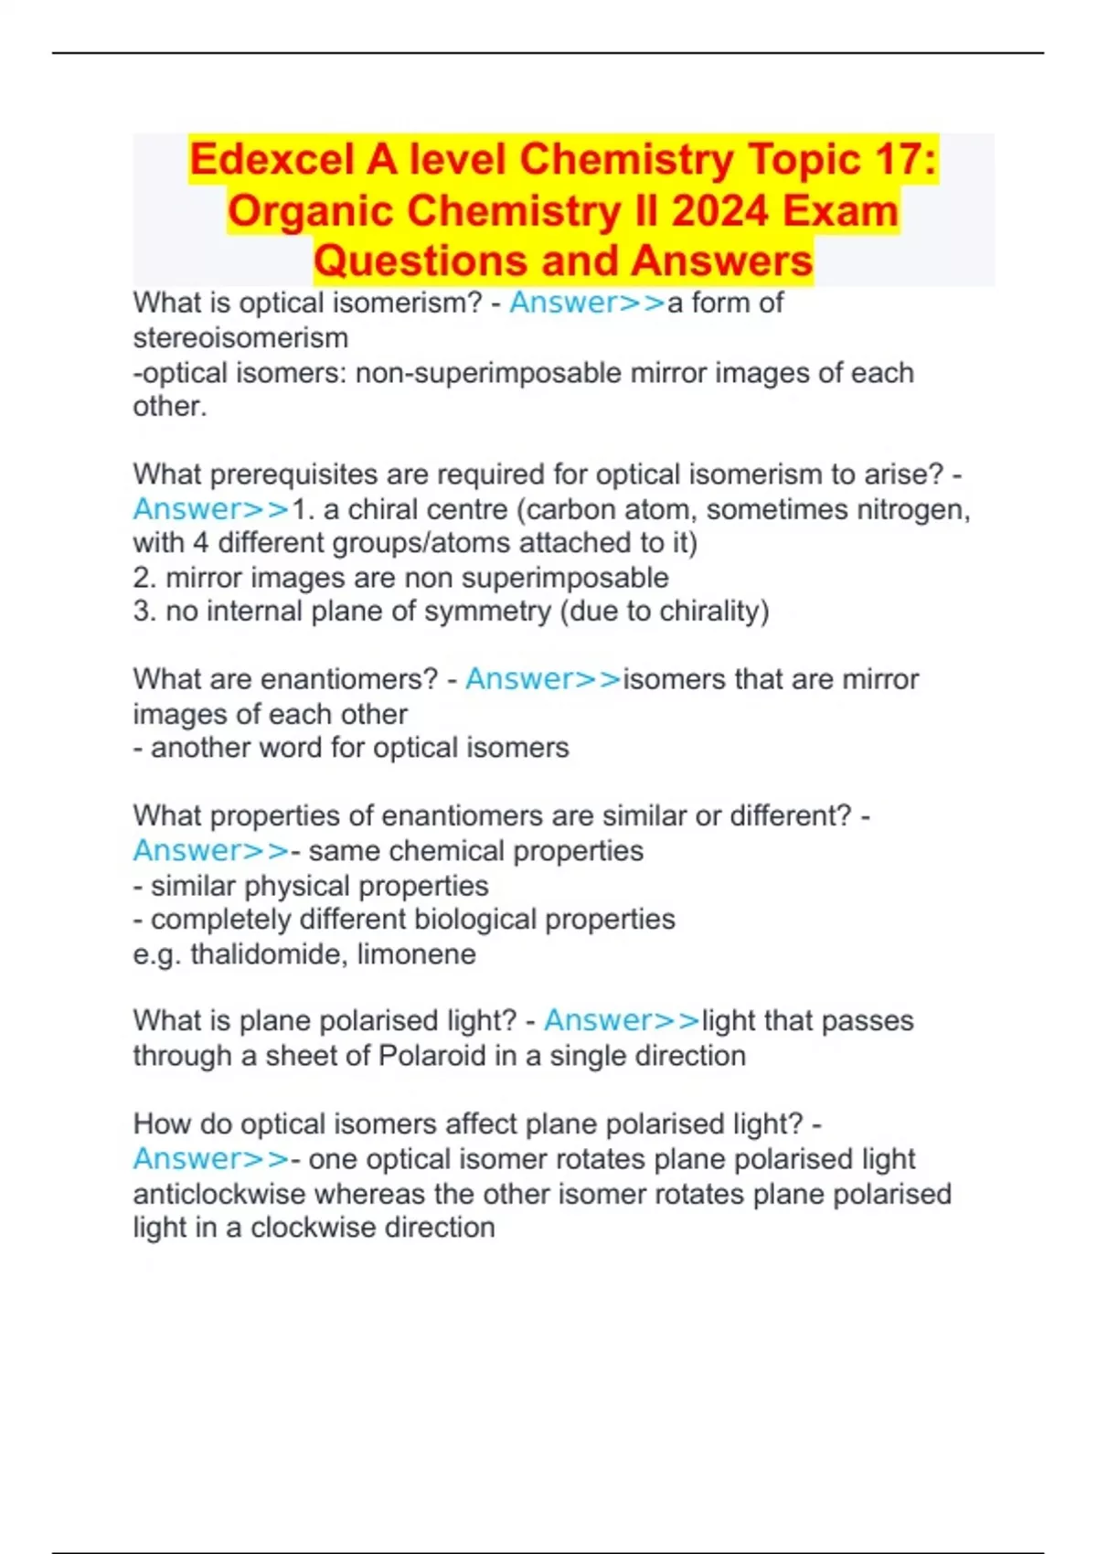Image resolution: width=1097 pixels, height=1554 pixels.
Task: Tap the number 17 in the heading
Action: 902,160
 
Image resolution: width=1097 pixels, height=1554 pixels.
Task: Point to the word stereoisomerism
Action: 240,338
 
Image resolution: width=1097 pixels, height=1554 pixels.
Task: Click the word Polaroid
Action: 431,1056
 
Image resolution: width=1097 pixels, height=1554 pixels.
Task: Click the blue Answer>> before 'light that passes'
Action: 622,1020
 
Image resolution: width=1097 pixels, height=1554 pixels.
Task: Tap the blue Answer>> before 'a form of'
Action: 587,303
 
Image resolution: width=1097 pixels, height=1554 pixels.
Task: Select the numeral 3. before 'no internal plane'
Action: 144,611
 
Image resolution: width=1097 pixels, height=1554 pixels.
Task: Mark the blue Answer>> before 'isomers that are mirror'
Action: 543,679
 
